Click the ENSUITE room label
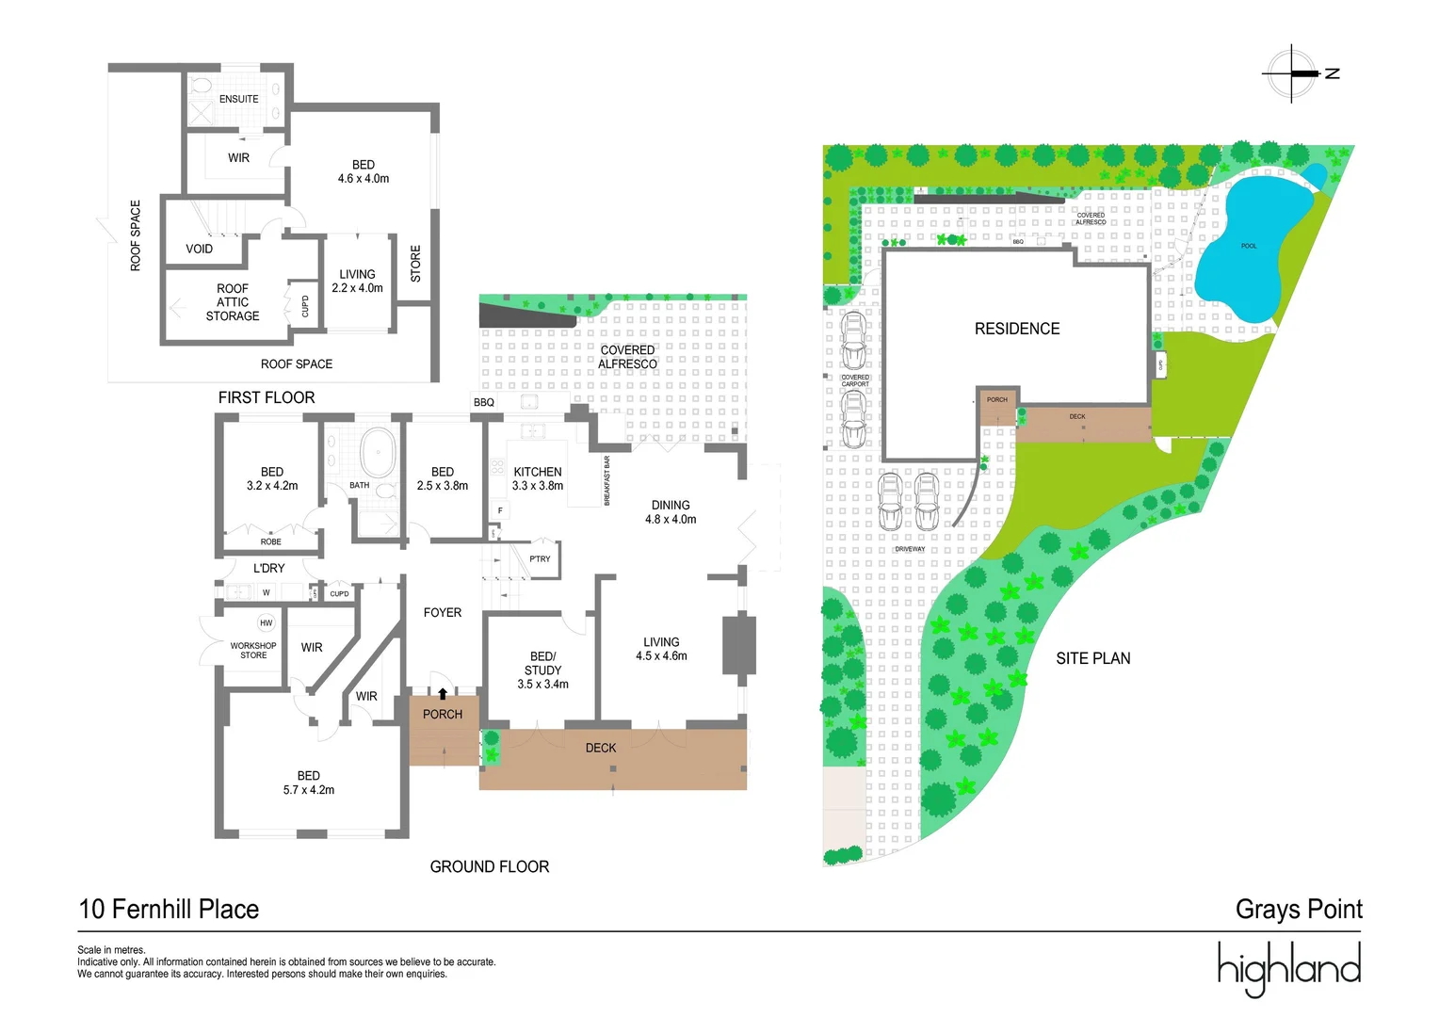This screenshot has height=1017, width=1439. coord(238,99)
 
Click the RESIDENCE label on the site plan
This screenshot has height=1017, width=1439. coord(1017,329)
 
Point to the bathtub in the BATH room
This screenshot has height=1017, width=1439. coord(379,454)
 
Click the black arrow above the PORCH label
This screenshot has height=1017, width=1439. coord(443,695)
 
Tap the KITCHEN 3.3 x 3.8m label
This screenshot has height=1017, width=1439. coord(538,478)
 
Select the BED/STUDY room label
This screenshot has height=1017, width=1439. coord(542,670)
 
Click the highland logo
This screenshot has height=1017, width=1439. coord(1288,967)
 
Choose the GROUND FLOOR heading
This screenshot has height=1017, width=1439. coord(489,866)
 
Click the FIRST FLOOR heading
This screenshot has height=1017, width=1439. coord(267,397)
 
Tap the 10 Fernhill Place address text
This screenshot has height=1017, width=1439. coord(169,909)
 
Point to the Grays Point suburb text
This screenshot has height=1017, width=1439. coord(1299,909)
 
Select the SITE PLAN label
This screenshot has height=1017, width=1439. coord(1092,658)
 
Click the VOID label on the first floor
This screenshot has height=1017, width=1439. coord(200,249)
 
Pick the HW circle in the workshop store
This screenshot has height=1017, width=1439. coord(267,622)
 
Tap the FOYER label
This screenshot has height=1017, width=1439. coord(443,612)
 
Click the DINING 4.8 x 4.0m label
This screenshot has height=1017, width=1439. coord(671,512)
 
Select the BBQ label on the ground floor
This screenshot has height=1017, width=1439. coord(484,402)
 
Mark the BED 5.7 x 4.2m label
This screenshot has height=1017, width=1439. coord(309,783)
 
